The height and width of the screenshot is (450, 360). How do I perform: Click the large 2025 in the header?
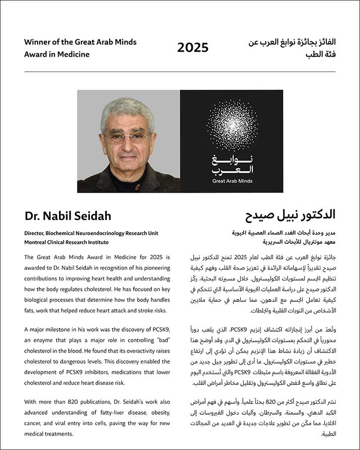pyautogui.click(x=193, y=48)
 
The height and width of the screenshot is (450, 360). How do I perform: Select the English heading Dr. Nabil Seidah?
pyautogui.click(x=68, y=216)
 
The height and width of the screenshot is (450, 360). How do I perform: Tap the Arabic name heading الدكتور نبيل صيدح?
pyautogui.click(x=290, y=215)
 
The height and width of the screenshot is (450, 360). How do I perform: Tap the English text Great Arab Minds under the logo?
pyautogui.click(x=232, y=182)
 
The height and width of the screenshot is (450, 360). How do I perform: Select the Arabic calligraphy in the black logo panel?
pyautogui.click(x=232, y=164)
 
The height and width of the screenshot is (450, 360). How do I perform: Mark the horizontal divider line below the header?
pyautogui.click(x=180, y=72)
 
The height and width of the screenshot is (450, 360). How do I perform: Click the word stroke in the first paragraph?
pyautogui.click(x=143, y=310)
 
